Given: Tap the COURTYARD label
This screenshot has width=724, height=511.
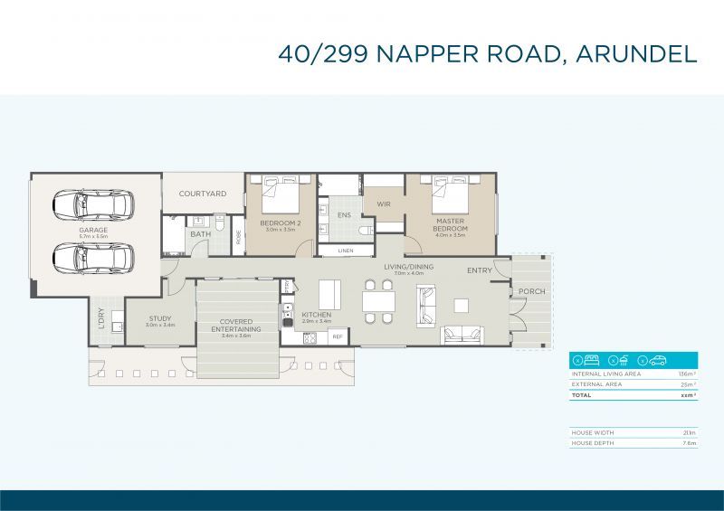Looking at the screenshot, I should coord(202,194).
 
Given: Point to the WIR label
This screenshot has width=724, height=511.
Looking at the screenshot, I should coord(384,204).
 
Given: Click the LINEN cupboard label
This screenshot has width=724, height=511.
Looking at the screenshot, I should coord(346,251).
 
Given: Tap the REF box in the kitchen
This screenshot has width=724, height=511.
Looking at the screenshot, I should coord(337,336).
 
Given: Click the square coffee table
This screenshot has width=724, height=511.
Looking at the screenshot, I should coord(462,305).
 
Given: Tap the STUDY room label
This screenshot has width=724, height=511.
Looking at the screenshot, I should coord(160,317).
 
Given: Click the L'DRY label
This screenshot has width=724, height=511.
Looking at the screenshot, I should coord(101,318).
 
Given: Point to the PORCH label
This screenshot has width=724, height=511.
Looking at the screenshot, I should coord(531,291).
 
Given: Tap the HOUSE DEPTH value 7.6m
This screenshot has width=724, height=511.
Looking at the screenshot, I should coord(689,444).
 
